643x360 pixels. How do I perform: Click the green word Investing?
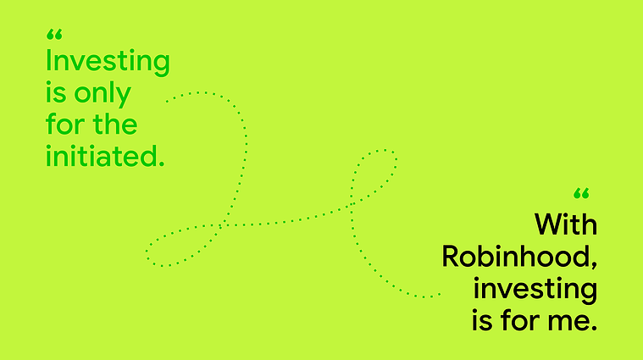click(x=108, y=62)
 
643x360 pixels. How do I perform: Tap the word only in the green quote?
click(x=103, y=93)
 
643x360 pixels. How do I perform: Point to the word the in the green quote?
click(x=115, y=124)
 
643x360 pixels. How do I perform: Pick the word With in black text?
click(x=566, y=224)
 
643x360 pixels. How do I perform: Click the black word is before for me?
click(x=482, y=320)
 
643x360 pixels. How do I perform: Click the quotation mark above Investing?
click(x=54, y=35)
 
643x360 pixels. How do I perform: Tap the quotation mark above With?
click(x=581, y=193)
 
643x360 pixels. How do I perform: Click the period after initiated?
click(x=161, y=163)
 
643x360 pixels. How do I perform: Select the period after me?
click(x=593, y=328)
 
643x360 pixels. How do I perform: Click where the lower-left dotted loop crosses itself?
click(x=220, y=224)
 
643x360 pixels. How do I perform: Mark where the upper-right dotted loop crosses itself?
click(x=352, y=204)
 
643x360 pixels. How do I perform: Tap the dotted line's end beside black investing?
click(x=440, y=294)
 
